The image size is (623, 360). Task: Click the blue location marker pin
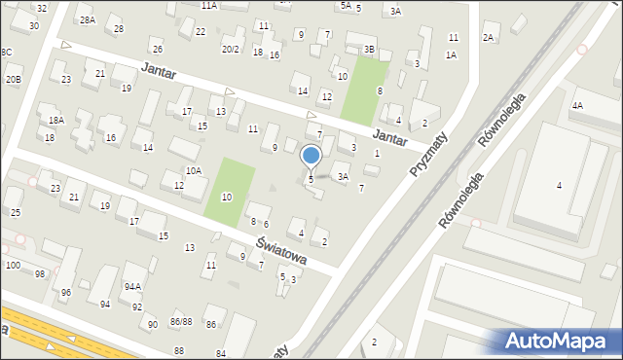coord(311,156)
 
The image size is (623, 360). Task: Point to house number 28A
coord(88,19)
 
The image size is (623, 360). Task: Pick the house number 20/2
coord(231,49)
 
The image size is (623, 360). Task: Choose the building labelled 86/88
coord(180,320)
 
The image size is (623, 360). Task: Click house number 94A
coord(132,286)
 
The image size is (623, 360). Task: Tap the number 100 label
coord(13,265)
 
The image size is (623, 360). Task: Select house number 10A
coord(194,170)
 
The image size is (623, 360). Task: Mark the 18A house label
coord(56,120)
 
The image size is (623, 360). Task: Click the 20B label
coord(12,79)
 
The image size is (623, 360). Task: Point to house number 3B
coord(369,49)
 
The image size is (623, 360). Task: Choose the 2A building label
coord(489,37)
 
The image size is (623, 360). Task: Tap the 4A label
coord(577,105)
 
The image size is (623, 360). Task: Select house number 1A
coord(451,54)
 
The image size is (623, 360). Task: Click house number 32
coord(41,8)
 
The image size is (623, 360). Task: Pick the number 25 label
coord(15,212)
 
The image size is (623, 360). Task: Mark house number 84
coord(221,352)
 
